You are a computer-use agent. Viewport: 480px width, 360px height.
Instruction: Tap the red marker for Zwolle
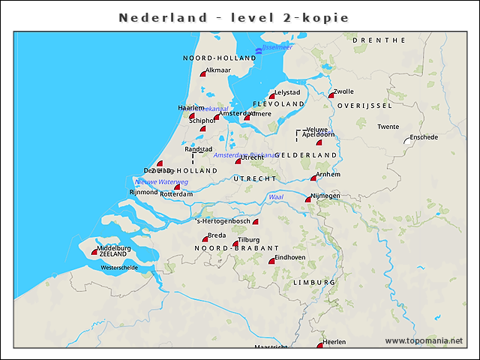click(x=331, y=95)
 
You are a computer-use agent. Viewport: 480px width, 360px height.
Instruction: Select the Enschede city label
click(x=424, y=137)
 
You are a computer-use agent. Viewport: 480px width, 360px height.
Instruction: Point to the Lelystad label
click(x=287, y=92)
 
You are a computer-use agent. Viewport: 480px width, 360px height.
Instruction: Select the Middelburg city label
click(x=114, y=247)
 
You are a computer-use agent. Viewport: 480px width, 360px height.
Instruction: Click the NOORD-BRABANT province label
click(x=236, y=247)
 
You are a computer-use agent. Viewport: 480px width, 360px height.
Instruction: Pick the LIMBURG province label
click(x=314, y=282)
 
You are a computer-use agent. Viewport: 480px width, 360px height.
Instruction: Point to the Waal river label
click(x=275, y=196)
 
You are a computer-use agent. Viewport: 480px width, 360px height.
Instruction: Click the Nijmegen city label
click(x=325, y=196)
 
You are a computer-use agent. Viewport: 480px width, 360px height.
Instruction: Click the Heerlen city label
click(x=334, y=342)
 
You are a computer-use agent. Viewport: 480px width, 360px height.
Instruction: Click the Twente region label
click(x=388, y=127)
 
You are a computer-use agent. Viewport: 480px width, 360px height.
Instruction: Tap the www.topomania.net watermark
click(x=424, y=340)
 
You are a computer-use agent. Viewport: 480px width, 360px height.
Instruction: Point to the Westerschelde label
click(x=120, y=267)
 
